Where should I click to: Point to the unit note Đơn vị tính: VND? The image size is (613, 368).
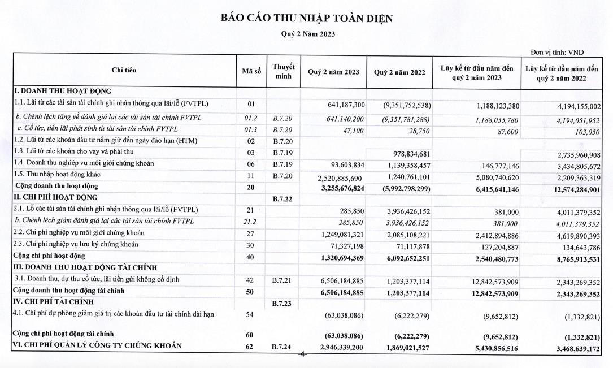click(x=557, y=53)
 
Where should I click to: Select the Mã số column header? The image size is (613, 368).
click(x=251, y=71)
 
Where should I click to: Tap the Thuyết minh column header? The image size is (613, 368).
click(x=283, y=71)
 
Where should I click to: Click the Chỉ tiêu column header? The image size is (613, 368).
click(x=124, y=71)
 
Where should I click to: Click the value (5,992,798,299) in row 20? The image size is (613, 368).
click(x=399, y=186)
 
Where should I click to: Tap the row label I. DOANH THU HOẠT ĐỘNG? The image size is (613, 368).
click(x=63, y=91)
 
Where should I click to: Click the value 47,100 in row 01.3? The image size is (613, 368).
click(x=354, y=129)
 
